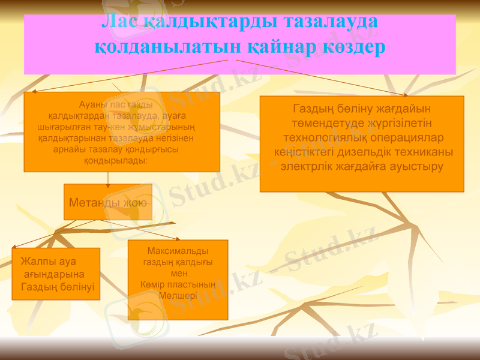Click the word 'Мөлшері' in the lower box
tap(178, 295)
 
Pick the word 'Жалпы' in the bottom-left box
tap(37, 262)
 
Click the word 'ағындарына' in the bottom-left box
tap(53, 274)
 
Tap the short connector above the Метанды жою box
tap(108, 178)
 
